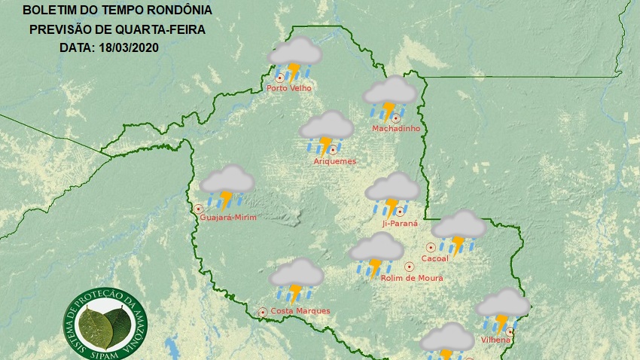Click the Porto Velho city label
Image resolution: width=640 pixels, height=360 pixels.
[x=289, y=88]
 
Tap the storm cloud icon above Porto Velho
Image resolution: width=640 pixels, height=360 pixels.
[x=296, y=59]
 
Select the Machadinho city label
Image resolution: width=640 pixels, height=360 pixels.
[x=395, y=129]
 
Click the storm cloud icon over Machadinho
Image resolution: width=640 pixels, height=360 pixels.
[x=390, y=98]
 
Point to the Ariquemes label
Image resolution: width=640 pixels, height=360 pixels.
[x=334, y=161]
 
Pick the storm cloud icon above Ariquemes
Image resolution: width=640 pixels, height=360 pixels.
[x=327, y=132]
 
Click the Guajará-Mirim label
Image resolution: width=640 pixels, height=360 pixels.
[x=229, y=218]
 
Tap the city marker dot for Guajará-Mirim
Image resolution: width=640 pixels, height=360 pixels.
[x=199, y=209]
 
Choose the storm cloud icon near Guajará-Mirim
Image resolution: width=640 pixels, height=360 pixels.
[x=227, y=187]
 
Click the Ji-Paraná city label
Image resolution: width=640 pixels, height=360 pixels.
[x=399, y=224]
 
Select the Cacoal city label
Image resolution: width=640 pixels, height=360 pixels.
[x=436, y=258]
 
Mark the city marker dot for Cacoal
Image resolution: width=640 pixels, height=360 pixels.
[x=431, y=246]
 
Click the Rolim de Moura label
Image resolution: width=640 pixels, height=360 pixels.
[x=412, y=278]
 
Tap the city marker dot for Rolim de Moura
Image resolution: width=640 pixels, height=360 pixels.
[x=410, y=266]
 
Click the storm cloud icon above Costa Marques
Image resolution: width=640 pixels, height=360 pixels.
[x=297, y=280]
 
